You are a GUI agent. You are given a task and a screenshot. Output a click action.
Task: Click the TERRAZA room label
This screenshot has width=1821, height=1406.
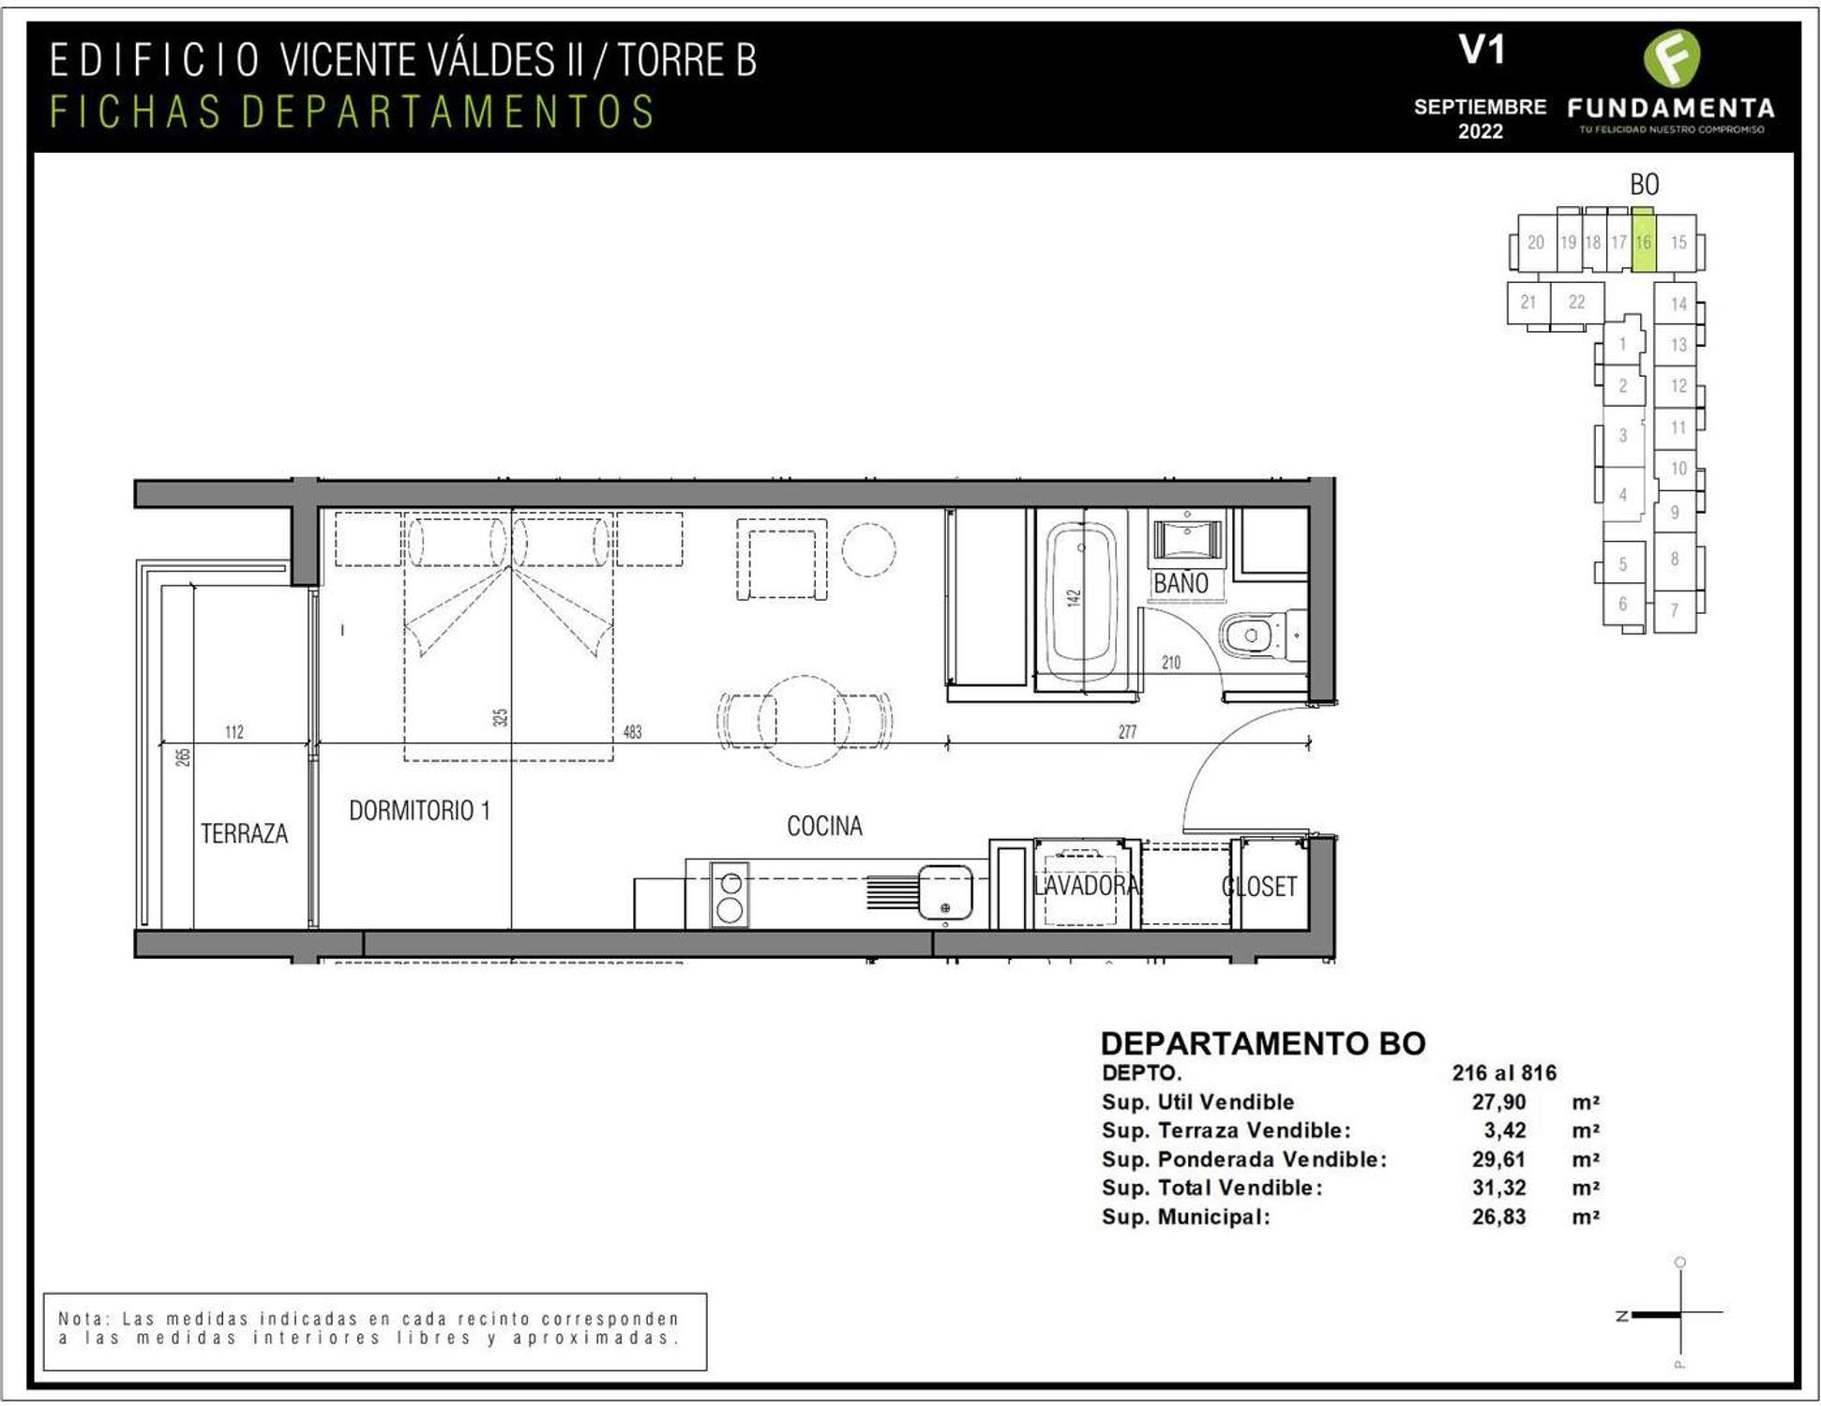[x=244, y=833]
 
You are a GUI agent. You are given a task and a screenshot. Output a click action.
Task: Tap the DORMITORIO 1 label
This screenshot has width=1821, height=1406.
[x=419, y=811]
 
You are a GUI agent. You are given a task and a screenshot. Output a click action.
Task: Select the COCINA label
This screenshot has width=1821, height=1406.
[x=824, y=826]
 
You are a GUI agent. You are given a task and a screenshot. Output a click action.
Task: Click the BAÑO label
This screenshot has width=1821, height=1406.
[x=1181, y=583]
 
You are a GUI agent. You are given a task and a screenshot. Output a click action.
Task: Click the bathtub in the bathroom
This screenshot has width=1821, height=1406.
[x=1083, y=601]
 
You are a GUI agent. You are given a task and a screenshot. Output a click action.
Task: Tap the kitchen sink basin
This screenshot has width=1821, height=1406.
[x=944, y=892]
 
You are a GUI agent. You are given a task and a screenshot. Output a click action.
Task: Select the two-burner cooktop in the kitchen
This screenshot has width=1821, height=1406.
[x=730, y=895]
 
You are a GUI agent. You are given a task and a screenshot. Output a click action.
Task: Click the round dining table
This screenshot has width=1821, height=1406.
[x=804, y=722]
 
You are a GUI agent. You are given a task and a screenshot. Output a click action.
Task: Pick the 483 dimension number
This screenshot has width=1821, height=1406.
[x=633, y=732]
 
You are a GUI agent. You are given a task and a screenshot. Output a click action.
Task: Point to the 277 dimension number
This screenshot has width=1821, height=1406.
[x=1127, y=732]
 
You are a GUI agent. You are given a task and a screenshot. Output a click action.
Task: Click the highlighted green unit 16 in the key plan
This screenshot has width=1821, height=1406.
[x=1643, y=241]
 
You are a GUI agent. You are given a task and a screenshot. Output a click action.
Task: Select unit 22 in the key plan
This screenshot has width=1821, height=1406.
[x=1576, y=302]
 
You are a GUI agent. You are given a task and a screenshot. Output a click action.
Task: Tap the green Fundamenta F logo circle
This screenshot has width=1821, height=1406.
[x=1672, y=59]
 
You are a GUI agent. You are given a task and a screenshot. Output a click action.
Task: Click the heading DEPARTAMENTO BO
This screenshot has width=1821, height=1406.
[x=1263, y=1043]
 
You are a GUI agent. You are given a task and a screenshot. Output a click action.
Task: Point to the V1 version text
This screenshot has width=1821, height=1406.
[x=1482, y=50]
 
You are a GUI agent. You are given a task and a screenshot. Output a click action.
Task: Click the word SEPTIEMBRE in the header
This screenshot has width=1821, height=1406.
[x=1480, y=107]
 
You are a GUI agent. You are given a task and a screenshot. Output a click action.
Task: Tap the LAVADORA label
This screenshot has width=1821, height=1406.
[x=1086, y=886]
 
